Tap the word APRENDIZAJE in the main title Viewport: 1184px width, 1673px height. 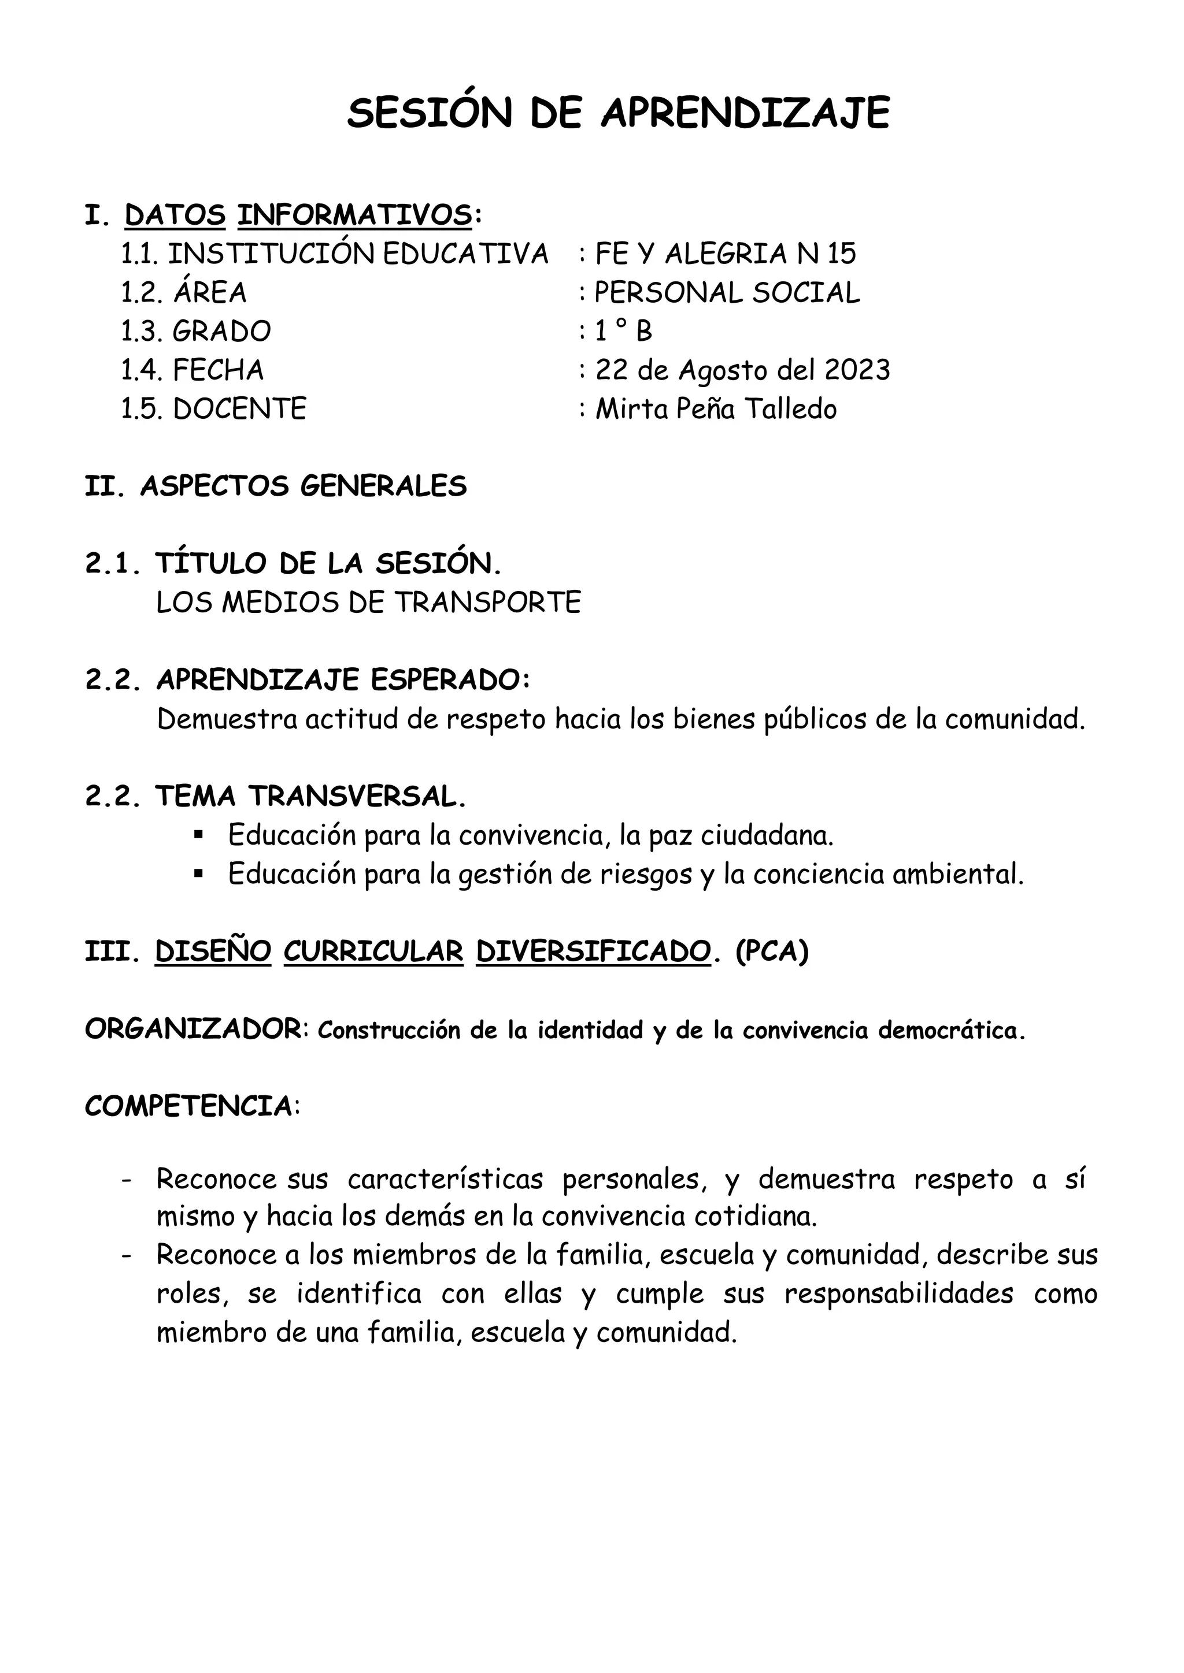pyautogui.click(x=745, y=114)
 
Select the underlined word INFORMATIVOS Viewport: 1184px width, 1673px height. pyautogui.click(x=354, y=215)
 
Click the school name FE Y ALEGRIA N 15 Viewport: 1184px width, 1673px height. pyautogui.click(x=726, y=254)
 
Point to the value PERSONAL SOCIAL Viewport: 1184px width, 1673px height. pyautogui.click(x=727, y=293)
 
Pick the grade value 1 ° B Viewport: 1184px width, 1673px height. pyautogui.click(x=623, y=332)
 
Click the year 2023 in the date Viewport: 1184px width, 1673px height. pyautogui.click(x=857, y=370)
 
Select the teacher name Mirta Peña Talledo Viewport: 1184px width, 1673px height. pyautogui.click(x=716, y=409)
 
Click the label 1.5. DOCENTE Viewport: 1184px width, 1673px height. pyautogui.click(x=213, y=409)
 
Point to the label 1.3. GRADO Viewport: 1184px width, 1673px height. pyautogui.click(x=196, y=332)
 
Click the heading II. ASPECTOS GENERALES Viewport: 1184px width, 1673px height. pyautogui.click(x=276, y=486)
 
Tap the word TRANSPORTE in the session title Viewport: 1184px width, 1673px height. pyautogui.click(x=488, y=603)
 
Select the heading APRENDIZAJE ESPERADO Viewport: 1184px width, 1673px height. pyautogui.click(x=343, y=680)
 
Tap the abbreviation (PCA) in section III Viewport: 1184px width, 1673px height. pyautogui.click(x=772, y=951)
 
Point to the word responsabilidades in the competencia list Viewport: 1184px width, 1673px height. pyautogui.click(x=899, y=1294)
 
